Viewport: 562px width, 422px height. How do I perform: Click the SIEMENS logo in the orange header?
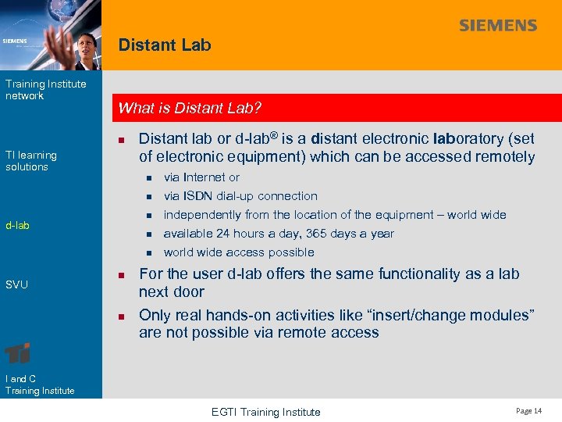[498, 25]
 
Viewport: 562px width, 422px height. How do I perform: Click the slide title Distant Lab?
[165, 45]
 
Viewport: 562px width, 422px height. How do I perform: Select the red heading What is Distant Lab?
[190, 108]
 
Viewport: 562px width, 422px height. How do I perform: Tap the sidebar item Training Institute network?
[45, 90]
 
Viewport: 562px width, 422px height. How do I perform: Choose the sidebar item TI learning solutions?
[31, 161]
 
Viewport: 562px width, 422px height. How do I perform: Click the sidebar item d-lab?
[17, 225]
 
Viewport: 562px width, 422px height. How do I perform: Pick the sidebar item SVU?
[16, 284]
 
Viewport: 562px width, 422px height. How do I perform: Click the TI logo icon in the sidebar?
[18, 352]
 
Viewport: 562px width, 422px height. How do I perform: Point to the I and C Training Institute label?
[40, 384]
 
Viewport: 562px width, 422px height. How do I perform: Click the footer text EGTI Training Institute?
[266, 412]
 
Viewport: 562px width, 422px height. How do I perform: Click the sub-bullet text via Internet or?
[201, 177]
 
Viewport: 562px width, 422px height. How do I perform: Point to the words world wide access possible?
[239, 252]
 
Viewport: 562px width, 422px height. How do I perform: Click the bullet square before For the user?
[122, 275]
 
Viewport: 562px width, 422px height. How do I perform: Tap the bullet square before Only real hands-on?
[122, 316]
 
